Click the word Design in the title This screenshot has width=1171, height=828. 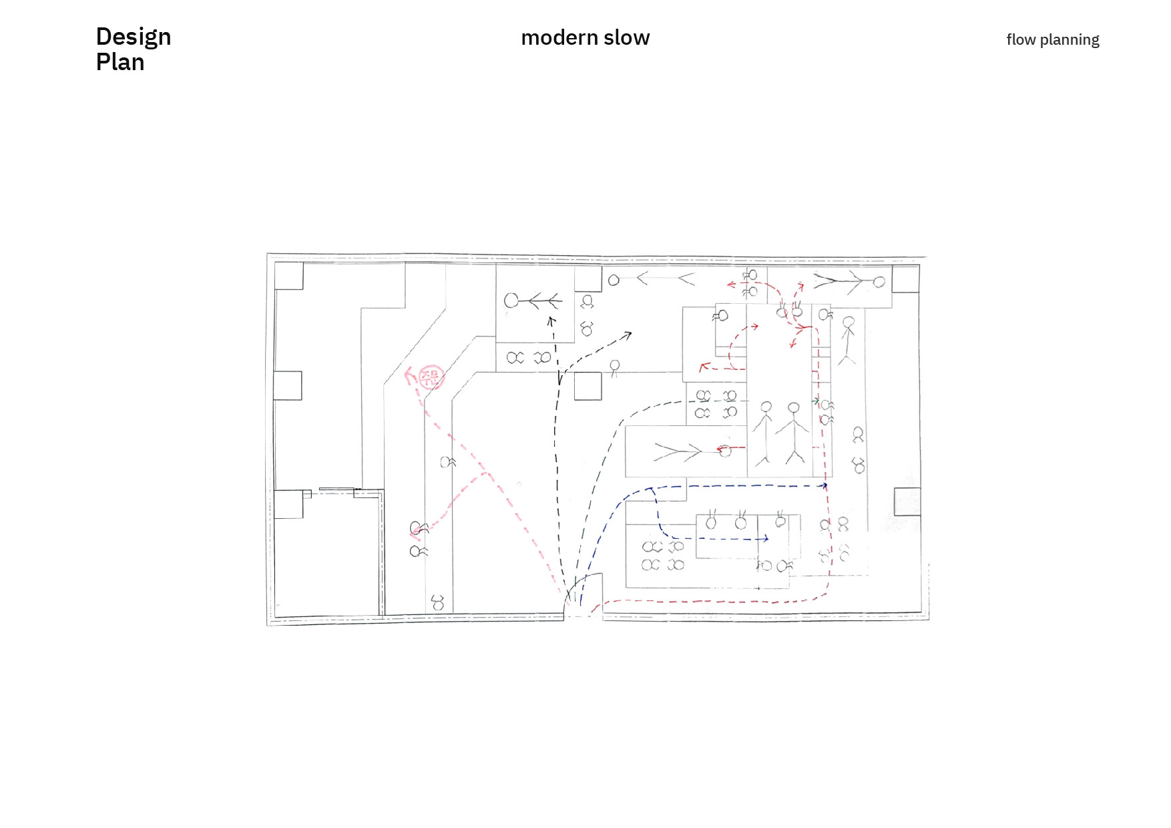pos(134,37)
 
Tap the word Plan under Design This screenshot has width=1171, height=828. pos(120,62)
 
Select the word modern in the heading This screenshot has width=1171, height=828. pos(559,38)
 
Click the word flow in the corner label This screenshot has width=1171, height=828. pos(1021,40)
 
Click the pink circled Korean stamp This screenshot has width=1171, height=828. pos(431,377)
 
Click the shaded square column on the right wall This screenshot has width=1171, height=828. pos(907,501)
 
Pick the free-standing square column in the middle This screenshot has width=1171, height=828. pos(588,386)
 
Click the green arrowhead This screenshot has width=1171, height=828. pos(816,401)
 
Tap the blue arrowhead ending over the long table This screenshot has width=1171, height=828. pos(766,538)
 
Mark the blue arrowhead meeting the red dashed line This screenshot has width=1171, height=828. pos(825,485)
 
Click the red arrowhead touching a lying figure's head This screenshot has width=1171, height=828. pos(721,449)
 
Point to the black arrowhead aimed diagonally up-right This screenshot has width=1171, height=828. pos(628,335)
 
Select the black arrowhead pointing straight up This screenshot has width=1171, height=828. pos(551,321)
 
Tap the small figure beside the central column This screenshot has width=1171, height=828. pos(614,368)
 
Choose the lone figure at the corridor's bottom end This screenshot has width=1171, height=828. pos(438,602)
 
